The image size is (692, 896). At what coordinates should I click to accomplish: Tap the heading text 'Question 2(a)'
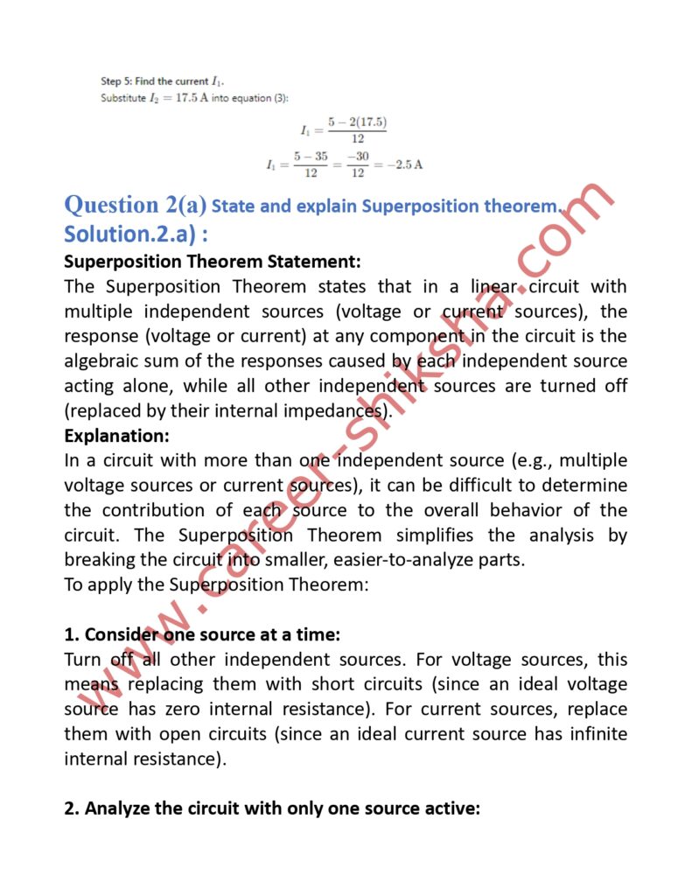(x=136, y=205)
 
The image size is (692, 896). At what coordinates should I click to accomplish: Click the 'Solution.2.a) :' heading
(x=136, y=234)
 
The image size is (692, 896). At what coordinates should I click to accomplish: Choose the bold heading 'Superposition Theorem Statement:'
(x=212, y=262)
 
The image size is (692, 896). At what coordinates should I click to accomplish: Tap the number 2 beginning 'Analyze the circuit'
(x=69, y=808)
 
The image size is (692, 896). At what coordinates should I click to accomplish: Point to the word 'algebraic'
(x=106, y=360)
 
